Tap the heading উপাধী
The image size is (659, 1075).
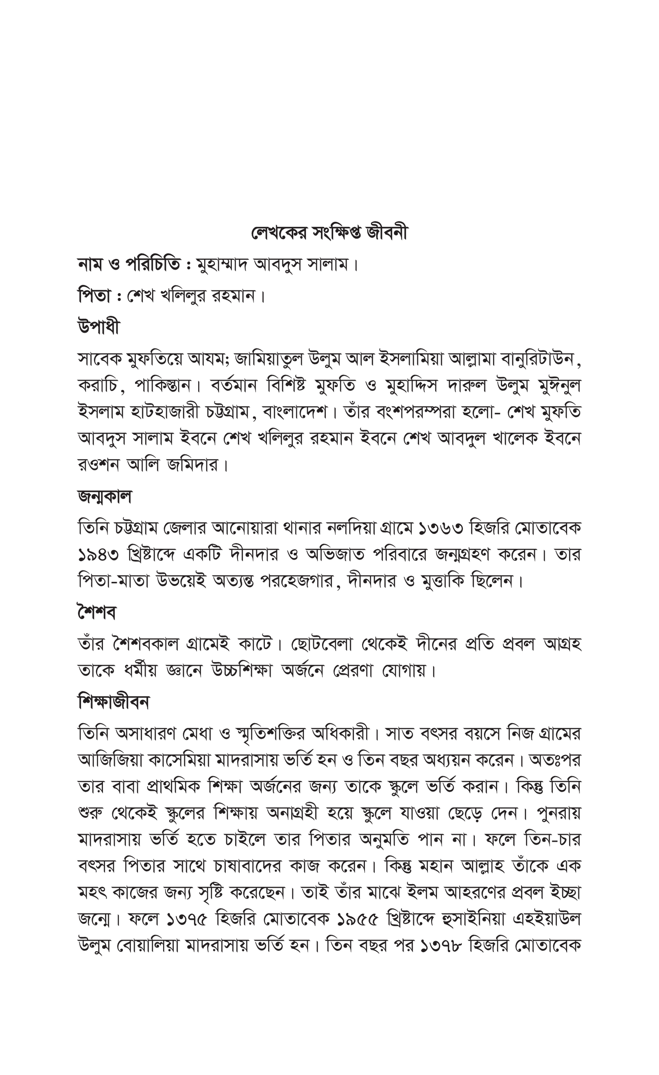(x=98, y=327)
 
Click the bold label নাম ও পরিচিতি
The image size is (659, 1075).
(x=130, y=264)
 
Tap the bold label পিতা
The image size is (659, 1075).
(x=96, y=296)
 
